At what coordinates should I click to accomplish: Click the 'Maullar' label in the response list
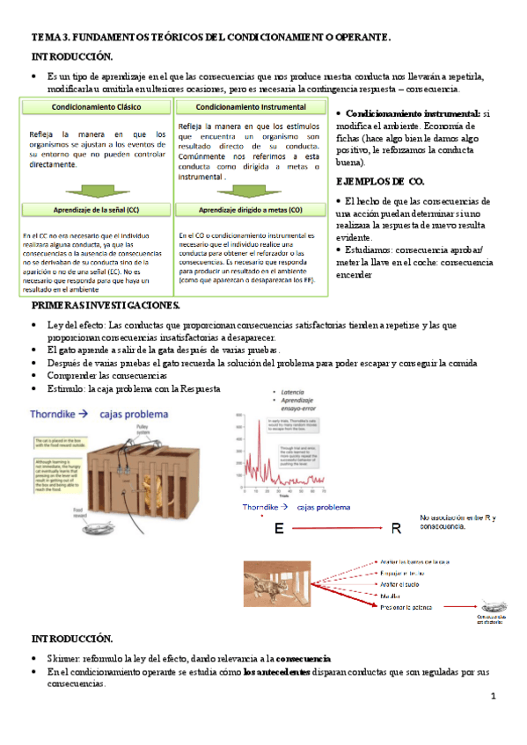coord(392,594)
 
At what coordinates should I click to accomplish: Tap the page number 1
coord(494,697)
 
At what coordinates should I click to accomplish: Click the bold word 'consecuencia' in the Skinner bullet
coord(304,658)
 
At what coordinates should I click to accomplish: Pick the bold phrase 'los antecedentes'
coord(276,672)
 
